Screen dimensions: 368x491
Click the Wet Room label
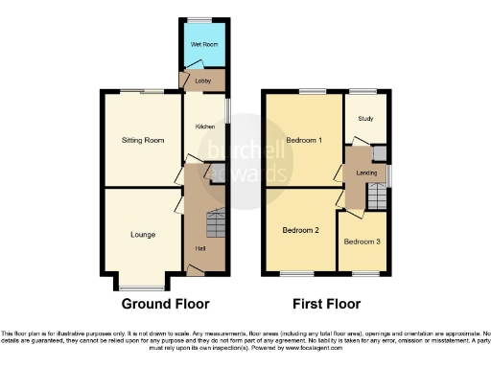pos(202,45)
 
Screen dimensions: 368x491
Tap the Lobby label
pos(202,81)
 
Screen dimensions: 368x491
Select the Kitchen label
pos(202,126)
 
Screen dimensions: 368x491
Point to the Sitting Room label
pos(142,140)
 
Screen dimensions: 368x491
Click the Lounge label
pos(142,234)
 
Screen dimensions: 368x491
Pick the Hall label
pos(200,249)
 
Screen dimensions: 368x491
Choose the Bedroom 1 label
pos(305,141)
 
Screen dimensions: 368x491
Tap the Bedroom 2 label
pos(300,231)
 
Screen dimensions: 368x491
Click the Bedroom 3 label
pos(362,241)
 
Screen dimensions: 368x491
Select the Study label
pos(364,120)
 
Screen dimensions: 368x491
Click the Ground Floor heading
pos(165,304)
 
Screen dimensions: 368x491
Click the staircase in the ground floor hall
pos(216,226)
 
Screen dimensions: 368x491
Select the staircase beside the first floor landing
pos(378,197)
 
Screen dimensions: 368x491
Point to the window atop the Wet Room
pos(201,18)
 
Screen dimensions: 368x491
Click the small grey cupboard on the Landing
pos(380,153)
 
